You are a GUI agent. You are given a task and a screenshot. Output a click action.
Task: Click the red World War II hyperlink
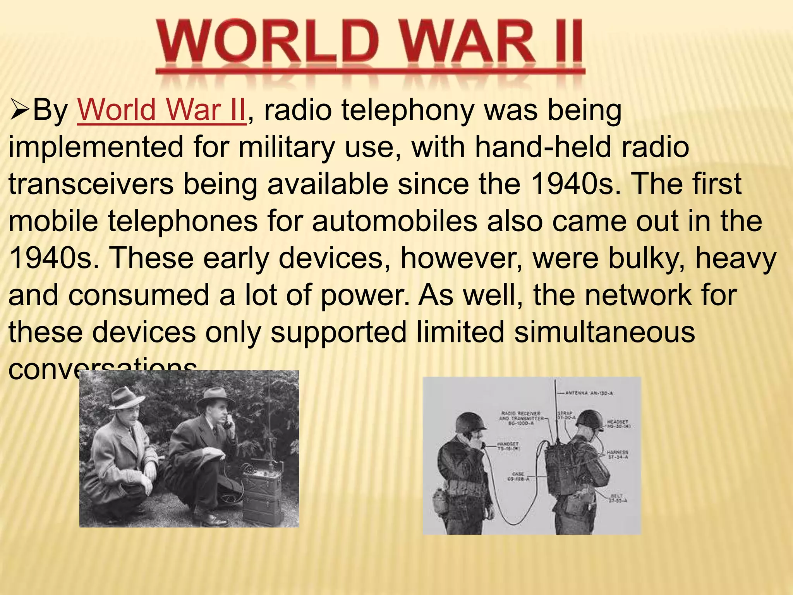(x=161, y=110)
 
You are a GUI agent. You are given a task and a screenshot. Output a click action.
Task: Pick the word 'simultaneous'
(x=604, y=332)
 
